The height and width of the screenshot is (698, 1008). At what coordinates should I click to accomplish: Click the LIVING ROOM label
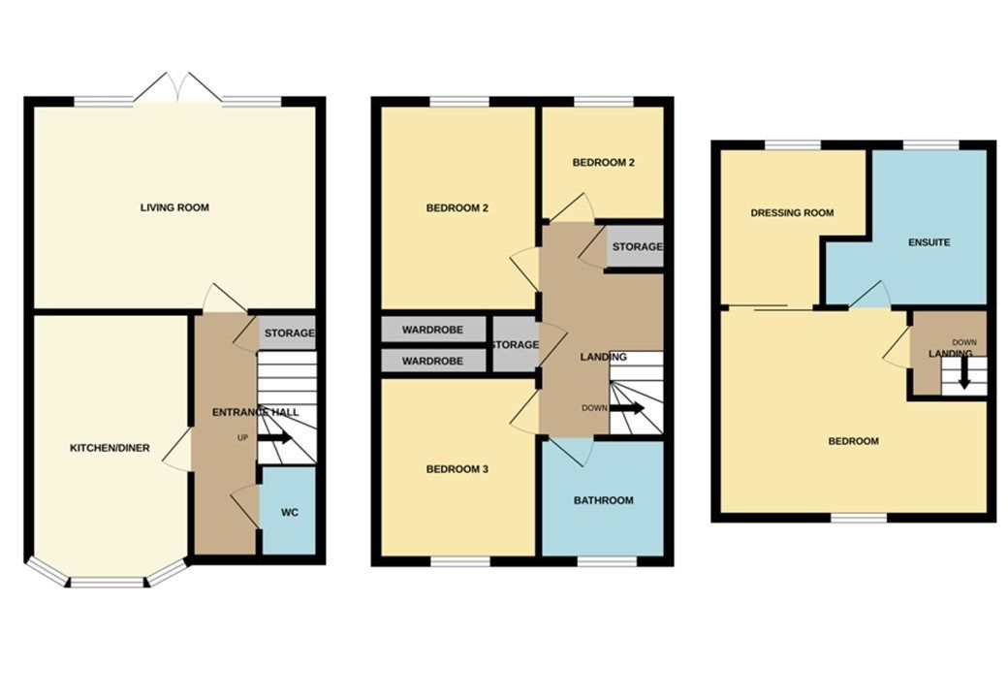click(x=174, y=207)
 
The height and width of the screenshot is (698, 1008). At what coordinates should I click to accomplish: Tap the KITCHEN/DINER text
click(x=110, y=448)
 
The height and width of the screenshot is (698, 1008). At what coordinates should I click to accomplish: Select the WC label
click(x=289, y=511)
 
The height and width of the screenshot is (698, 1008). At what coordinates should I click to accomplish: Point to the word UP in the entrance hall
click(x=243, y=438)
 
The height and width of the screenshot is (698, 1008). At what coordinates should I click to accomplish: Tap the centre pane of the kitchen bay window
click(x=108, y=583)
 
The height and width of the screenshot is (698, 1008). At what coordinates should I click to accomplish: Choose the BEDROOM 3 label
click(x=457, y=469)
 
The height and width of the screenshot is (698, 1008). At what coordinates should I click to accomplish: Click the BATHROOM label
click(x=603, y=500)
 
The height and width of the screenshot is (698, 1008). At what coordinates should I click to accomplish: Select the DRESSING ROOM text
click(x=792, y=212)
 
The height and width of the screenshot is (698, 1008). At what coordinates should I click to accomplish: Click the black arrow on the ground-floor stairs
click(x=275, y=438)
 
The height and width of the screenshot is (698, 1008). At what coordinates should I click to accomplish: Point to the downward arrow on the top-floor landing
click(x=963, y=376)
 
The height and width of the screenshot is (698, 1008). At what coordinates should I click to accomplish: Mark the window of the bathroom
click(x=607, y=560)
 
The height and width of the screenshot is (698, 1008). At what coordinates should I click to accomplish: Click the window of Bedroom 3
click(x=459, y=560)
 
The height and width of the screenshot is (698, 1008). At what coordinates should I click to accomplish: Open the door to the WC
click(x=246, y=506)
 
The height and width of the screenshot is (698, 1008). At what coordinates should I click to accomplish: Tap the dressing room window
click(x=793, y=145)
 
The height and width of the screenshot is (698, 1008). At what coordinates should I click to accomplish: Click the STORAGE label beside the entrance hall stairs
click(x=289, y=333)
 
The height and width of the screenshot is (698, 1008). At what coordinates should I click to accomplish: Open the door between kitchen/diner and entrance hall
click(x=177, y=453)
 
